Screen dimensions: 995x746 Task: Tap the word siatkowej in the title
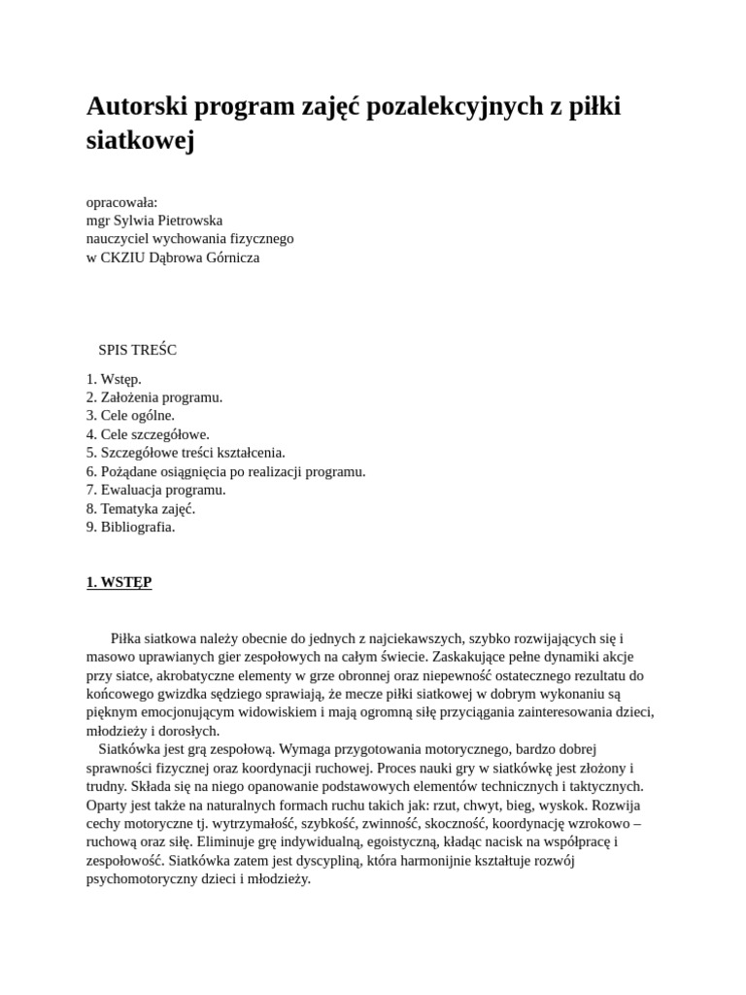141,141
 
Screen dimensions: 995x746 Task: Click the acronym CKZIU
124,258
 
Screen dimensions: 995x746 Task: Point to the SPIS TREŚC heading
137,350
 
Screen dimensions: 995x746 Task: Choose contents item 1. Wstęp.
114,379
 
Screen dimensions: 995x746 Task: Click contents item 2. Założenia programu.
154,397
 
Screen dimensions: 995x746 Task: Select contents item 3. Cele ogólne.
130,416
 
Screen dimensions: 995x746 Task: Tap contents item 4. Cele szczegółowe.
148,434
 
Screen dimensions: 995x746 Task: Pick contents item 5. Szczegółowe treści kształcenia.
186,453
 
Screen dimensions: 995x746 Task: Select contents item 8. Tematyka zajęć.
141,508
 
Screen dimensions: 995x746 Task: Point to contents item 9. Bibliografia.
130,527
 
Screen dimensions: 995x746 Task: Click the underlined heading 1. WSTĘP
119,582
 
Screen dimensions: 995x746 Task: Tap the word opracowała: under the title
122,202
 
